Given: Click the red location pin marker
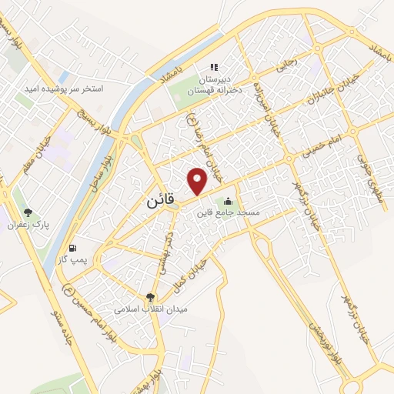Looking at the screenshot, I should (x=199, y=180).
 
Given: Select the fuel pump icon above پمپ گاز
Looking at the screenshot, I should (x=73, y=249).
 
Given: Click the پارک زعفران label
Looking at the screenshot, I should (x=35, y=225).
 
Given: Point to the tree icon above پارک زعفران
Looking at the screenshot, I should (x=28, y=213).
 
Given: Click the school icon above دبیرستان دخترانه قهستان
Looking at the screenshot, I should (x=216, y=66).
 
